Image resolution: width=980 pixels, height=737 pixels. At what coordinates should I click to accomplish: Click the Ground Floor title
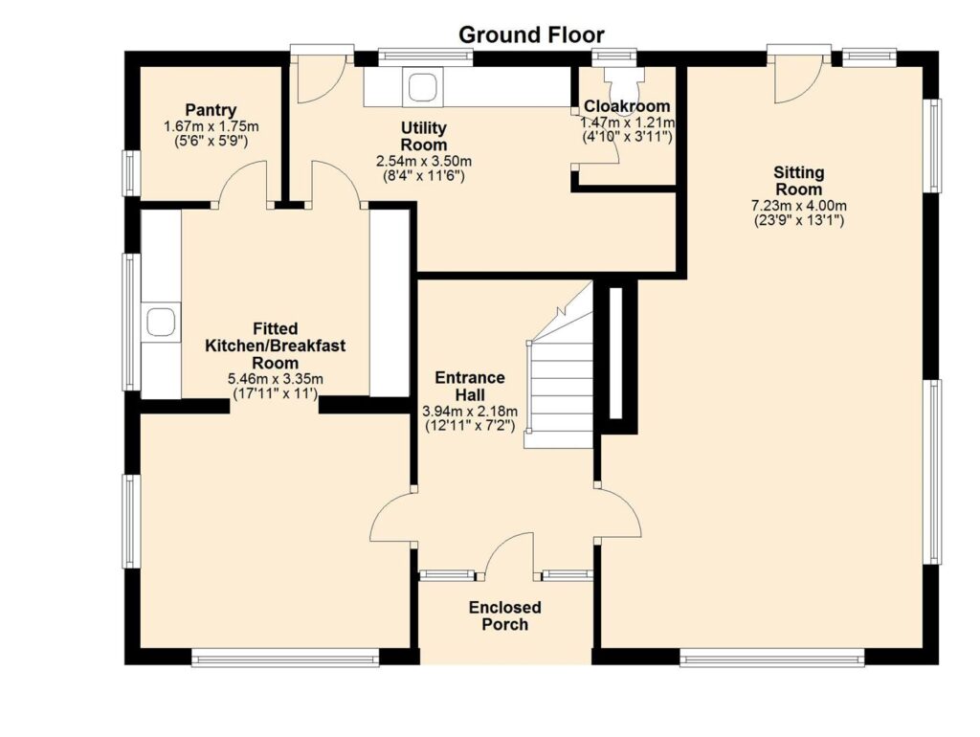tap(531, 34)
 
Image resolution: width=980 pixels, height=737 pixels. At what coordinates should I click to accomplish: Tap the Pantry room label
tap(211, 110)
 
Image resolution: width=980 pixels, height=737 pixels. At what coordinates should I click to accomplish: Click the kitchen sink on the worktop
tap(161, 322)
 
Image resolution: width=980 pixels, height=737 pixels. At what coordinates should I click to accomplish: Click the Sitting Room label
tap(799, 181)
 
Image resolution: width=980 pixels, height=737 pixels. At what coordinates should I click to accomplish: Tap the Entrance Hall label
tap(469, 387)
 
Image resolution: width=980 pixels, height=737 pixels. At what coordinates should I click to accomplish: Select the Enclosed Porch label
tap(505, 615)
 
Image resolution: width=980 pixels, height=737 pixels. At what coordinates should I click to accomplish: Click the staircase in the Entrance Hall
tap(558, 375)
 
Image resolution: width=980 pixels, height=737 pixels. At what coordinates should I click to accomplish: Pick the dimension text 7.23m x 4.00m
tap(799, 206)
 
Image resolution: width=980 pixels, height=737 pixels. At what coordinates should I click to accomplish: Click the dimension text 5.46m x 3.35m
tap(275, 379)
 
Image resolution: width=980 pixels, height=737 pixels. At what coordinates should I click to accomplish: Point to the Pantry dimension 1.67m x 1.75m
tap(212, 127)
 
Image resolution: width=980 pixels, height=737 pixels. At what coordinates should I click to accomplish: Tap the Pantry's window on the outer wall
tap(130, 173)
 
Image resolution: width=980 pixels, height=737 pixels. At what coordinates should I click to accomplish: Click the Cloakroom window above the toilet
tap(613, 56)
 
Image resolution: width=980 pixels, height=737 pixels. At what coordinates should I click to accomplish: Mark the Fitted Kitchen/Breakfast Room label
tap(275, 346)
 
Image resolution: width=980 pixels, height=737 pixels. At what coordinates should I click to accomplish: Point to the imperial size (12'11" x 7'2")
tap(470, 426)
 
